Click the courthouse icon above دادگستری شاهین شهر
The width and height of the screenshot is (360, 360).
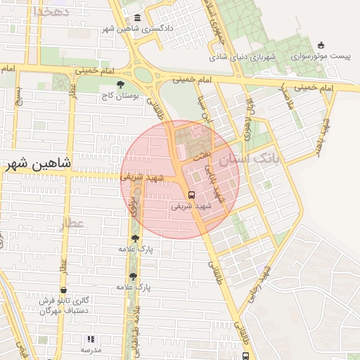click(136, 18)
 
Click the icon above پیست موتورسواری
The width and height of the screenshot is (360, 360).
click(321, 45)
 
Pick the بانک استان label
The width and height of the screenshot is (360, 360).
click(249, 161)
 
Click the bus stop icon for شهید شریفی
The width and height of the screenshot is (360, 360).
click(191, 195)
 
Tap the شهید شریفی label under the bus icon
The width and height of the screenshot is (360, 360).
click(191, 207)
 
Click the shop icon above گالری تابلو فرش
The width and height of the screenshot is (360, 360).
click(64, 289)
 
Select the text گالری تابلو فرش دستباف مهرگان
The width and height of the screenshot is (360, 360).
click(64, 304)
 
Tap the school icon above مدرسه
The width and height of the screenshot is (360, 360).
click(91, 339)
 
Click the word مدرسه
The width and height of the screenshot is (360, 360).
click(91, 349)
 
